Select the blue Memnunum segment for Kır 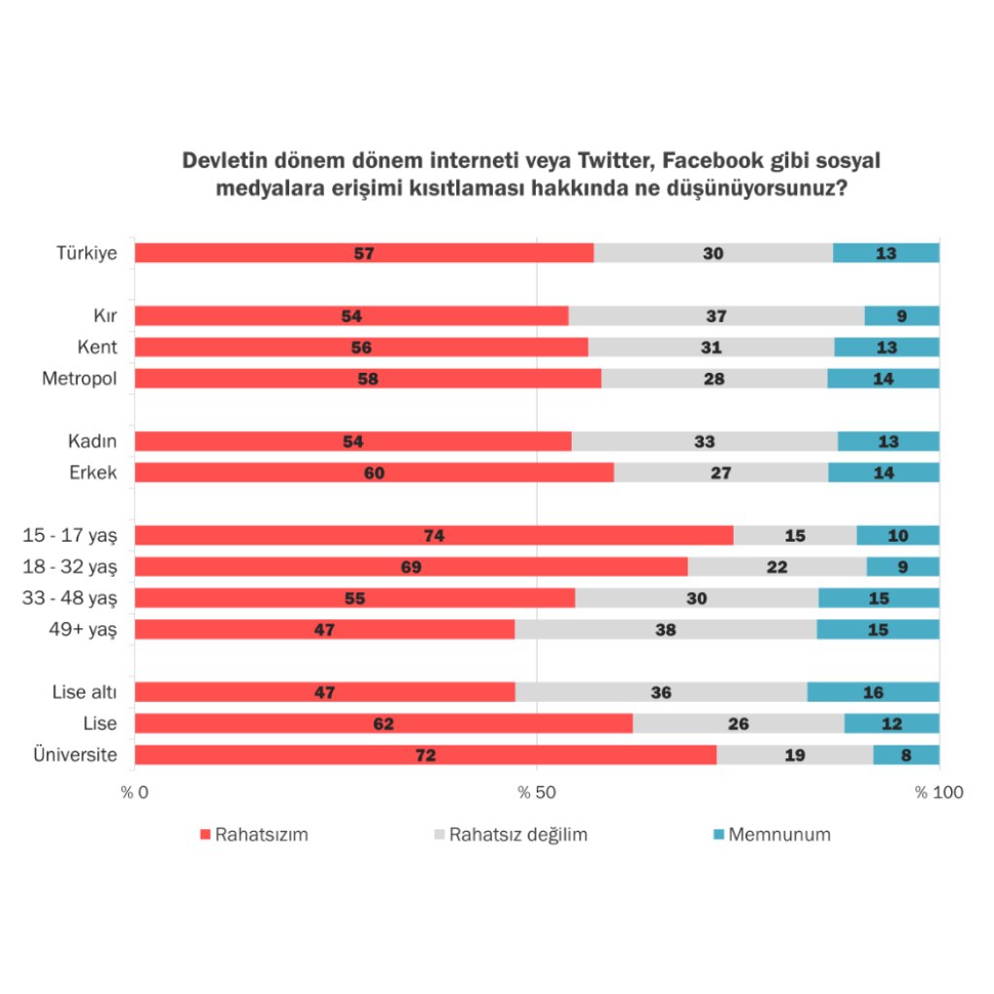tap(902, 315)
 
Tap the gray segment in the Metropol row tap(714, 379)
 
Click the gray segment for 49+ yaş tap(666, 630)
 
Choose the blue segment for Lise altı tap(873, 692)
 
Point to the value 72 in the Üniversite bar tap(425, 755)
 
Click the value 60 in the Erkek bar tap(374, 473)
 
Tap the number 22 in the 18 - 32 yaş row tap(777, 567)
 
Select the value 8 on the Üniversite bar tap(906, 755)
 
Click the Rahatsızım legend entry tap(253, 834)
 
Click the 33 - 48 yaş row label tap(69, 599)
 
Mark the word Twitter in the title tap(620, 160)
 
